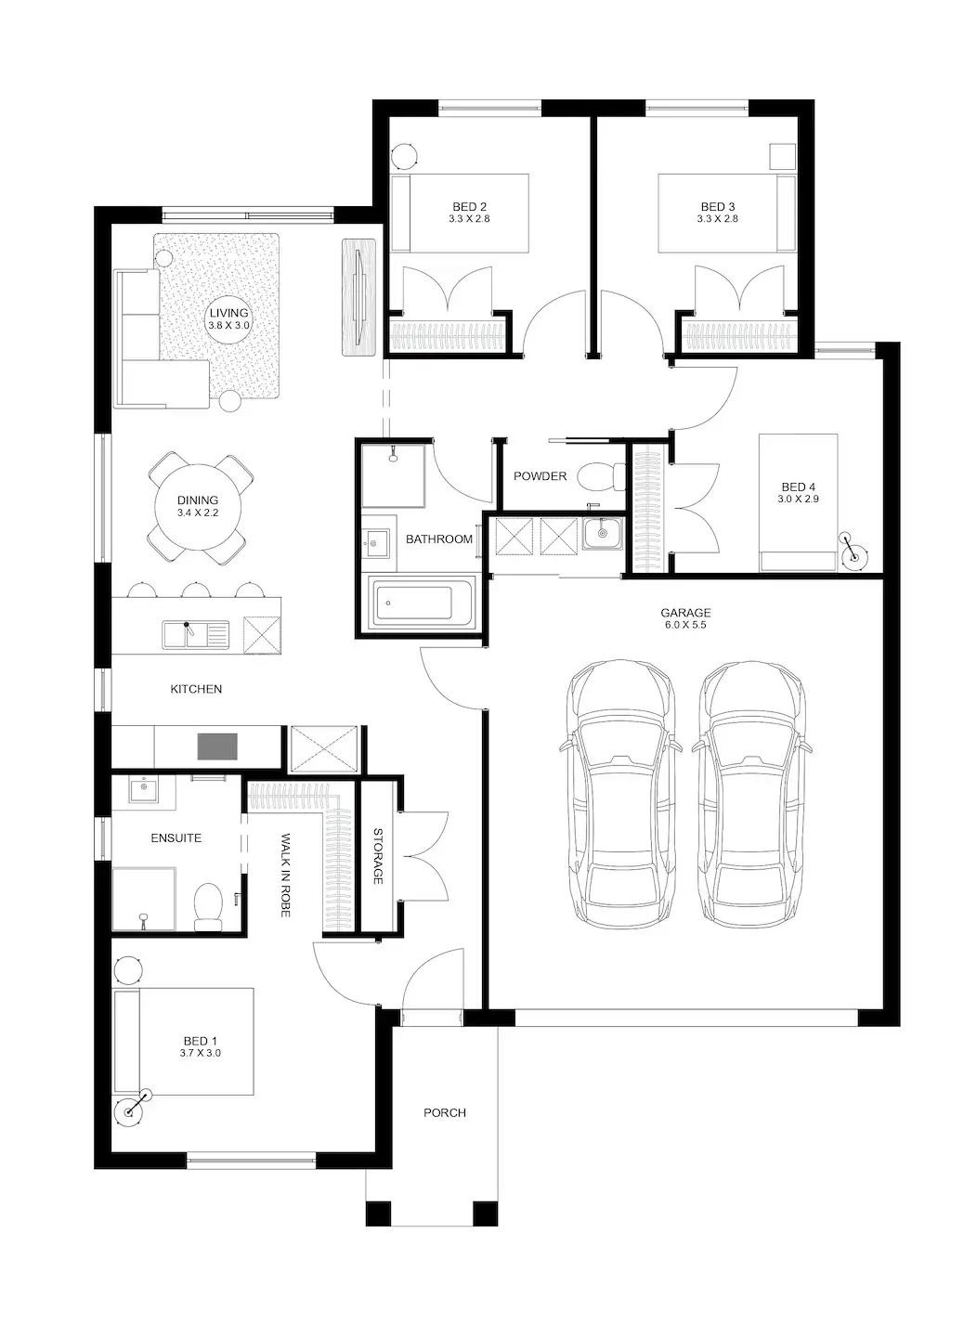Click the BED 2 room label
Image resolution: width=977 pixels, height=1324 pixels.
[x=469, y=207]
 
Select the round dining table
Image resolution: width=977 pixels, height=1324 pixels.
[x=198, y=507]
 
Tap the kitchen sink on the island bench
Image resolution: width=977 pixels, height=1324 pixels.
[x=195, y=634]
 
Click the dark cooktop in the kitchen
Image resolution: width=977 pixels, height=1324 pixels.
[x=216, y=746]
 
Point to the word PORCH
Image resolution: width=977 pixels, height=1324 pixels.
[x=444, y=1112]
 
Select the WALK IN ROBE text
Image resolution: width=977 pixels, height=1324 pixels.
[x=286, y=876]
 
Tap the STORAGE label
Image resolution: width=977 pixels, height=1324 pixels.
[x=378, y=856]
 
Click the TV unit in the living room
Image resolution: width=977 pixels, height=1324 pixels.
[x=358, y=297]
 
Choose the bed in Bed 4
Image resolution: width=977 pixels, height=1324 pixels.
[x=798, y=502]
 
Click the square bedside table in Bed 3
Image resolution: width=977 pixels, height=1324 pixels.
[x=783, y=157]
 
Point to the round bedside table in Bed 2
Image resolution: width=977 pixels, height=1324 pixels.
[x=405, y=155]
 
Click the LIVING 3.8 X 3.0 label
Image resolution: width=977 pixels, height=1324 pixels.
[x=228, y=319]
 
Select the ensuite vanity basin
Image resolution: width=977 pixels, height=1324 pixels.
[x=143, y=790]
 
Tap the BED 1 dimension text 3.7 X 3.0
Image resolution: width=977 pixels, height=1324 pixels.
[x=201, y=1053]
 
